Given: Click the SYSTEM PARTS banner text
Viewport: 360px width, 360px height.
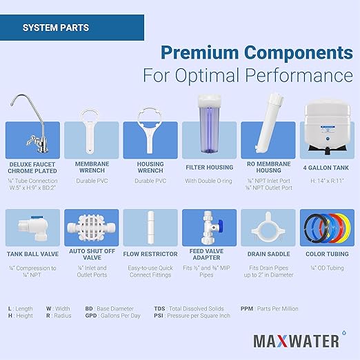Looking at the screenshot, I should click(55, 28).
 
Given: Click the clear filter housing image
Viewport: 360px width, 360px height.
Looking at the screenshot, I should click(208, 124).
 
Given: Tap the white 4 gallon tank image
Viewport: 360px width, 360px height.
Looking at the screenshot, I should click(326, 125).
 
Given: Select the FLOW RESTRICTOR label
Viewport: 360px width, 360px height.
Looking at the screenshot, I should click(150, 254).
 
